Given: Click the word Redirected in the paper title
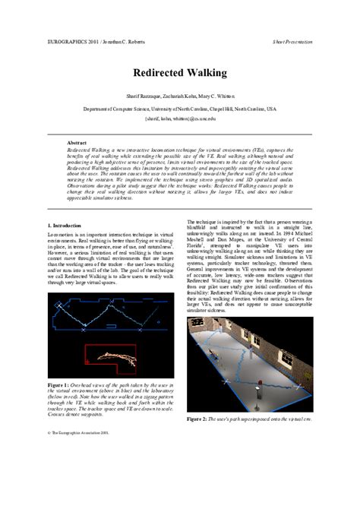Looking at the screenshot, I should (x=157, y=74).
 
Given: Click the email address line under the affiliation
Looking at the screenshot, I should (x=180, y=119).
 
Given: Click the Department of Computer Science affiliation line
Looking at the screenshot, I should (x=180, y=109).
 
